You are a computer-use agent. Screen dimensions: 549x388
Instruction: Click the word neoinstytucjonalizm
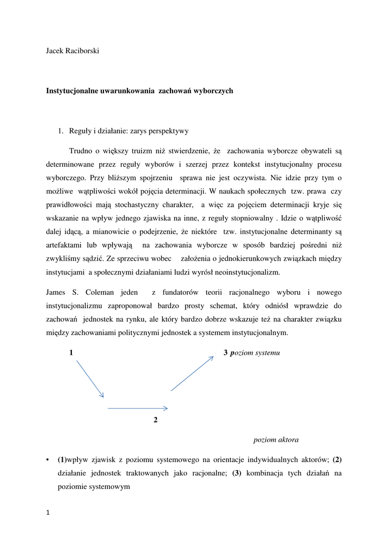click(245, 272)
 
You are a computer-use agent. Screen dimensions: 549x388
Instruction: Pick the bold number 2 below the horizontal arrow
click(155, 420)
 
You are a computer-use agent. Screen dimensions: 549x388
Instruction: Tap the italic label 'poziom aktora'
click(276, 440)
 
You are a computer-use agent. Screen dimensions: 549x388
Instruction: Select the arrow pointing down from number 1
click(89, 379)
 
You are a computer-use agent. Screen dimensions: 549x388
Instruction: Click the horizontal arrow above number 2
click(138, 409)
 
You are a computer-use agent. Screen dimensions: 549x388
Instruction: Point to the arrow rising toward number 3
click(192, 374)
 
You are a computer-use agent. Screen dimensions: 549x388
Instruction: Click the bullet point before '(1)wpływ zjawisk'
click(48, 459)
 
